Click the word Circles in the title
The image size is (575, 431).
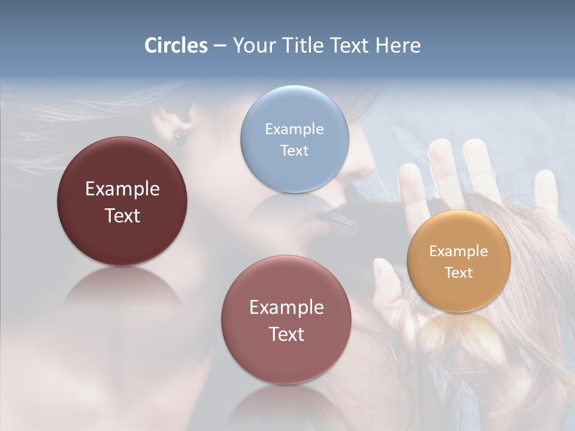tap(175, 45)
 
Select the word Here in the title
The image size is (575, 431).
tap(398, 45)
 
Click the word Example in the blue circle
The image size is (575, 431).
tap(294, 129)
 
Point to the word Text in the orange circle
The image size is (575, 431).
tap(459, 273)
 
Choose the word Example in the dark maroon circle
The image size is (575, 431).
tap(122, 189)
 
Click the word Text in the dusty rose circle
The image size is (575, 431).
tap(286, 334)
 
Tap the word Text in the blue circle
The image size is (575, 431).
tap(294, 150)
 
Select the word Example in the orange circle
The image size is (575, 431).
tap(459, 251)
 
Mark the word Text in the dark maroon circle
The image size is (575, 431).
tap(122, 215)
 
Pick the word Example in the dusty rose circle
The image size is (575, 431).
tap(286, 308)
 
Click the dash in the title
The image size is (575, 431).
tap(219, 45)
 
